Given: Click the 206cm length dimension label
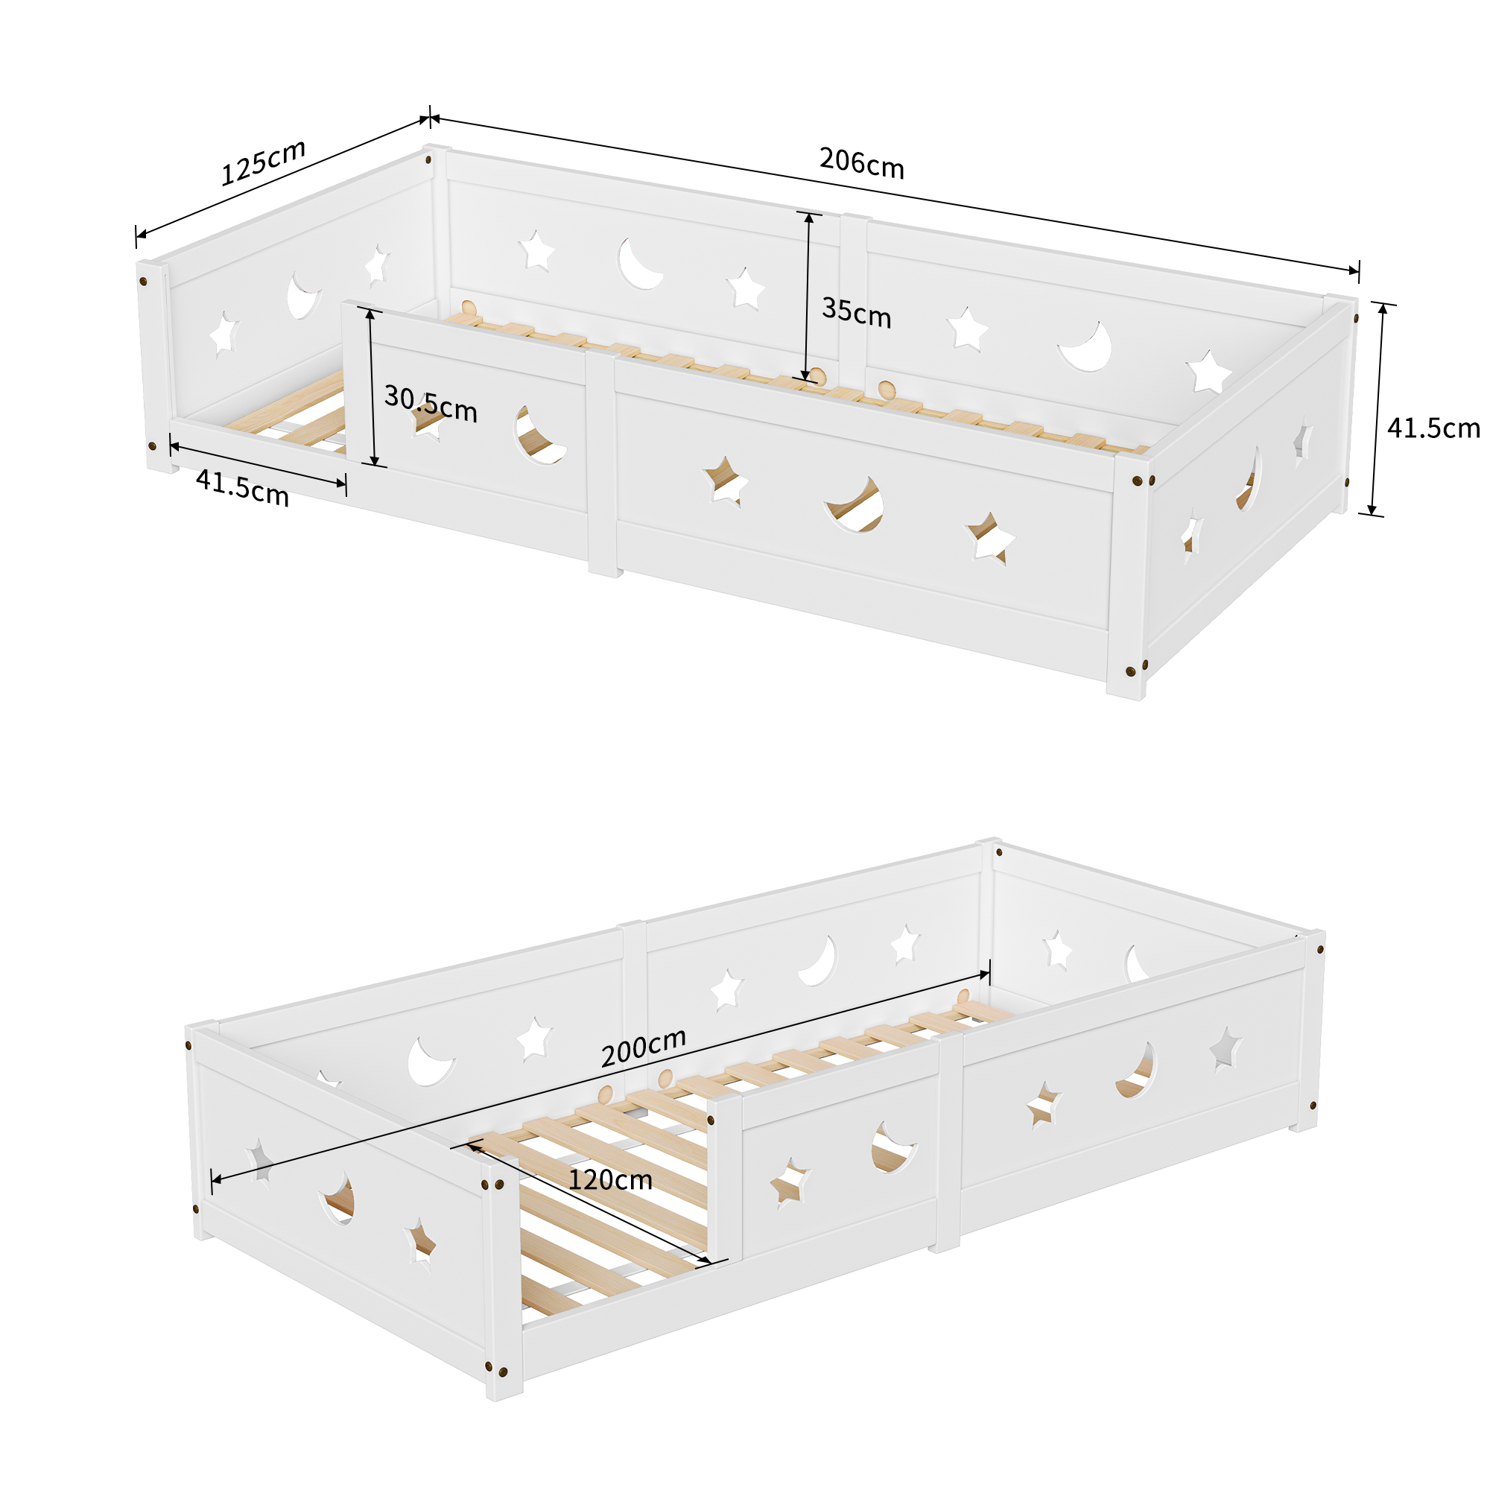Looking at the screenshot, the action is point(861,162).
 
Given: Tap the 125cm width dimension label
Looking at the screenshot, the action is point(263,162).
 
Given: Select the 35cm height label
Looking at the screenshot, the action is point(856,312).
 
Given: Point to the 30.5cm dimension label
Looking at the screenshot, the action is point(431,404).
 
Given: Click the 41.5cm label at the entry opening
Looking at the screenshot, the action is point(242,487).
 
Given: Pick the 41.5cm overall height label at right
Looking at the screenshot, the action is point(1433,428).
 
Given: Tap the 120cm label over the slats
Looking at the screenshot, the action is point(610,1180).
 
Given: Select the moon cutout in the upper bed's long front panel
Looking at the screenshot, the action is point(856,505).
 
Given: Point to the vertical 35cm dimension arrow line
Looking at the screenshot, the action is point(808,297).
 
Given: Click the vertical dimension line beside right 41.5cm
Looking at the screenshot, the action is point(1377,409).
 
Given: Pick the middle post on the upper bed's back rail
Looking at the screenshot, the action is point(855,301).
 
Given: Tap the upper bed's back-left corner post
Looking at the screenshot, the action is point(439,223).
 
